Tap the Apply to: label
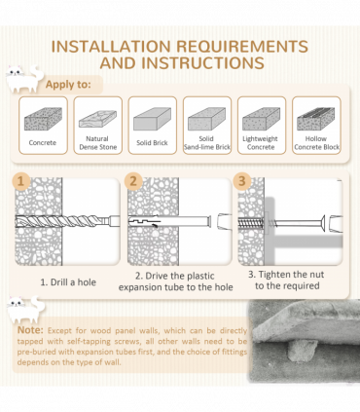point(68,85)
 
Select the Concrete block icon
point(43,119)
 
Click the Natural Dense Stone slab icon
point(97,119)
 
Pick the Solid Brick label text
point(152,143)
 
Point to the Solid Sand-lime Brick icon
point(207,119)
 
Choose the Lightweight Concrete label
point(261,143)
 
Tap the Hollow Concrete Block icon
point(316,119)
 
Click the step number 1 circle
point(21,181)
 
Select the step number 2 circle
point(133,181)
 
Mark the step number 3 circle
point(242,181)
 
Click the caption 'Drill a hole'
point(68,282)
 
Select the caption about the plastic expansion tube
point(175,281)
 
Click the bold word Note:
point(30,330)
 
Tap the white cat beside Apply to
point(24,79)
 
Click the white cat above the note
point(26,310)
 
